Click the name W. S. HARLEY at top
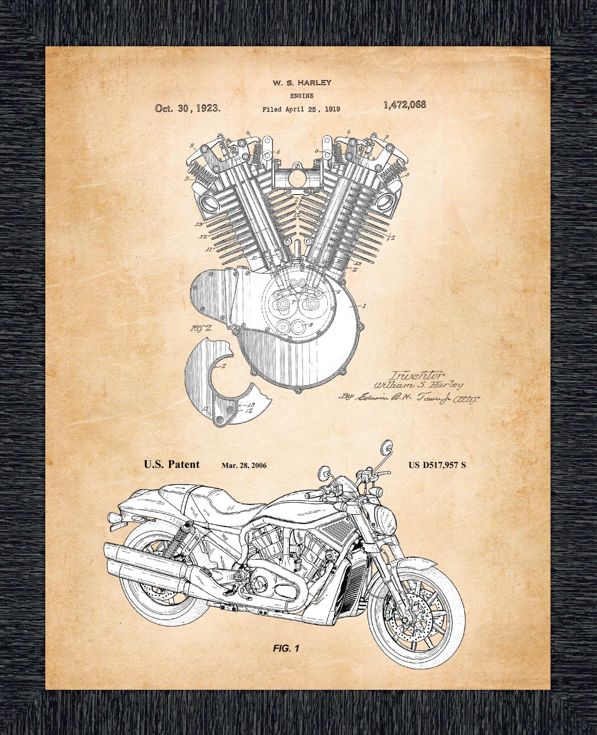click(301, 83)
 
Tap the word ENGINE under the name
click(301, 96)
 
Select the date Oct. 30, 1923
click(188, 108)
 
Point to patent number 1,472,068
click(404, 105)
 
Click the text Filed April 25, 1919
click(301, 109)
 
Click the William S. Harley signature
click(418, 385)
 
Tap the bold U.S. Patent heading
click(172, 464)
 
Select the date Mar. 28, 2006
click(244, 466)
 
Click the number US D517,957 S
click(437, 465)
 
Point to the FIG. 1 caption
click(286, 648)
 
